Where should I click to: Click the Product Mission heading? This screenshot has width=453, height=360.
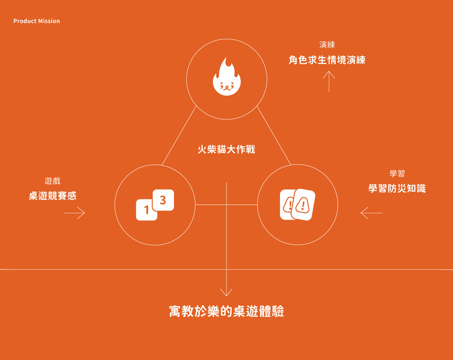tap(36, 21)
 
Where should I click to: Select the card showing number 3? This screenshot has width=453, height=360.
tap(163, 200)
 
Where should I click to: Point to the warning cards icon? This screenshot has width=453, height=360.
tap(297, 205)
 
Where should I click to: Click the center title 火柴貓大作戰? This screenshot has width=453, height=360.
tap(226, 149)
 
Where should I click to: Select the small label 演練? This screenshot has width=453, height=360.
tap(327, 45)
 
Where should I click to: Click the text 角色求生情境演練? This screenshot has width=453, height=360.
tap(327, 60)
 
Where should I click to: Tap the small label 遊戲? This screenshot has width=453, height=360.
tap(53, 181)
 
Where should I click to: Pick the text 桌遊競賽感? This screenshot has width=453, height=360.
tap(53, 196)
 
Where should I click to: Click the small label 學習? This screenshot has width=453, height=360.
tap(397, 174)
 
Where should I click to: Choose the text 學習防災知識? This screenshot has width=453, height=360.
tap(397, 188)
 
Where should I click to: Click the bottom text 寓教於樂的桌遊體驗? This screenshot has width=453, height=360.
tap(226, 311)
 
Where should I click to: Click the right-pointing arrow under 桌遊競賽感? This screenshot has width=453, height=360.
tap(74, 213)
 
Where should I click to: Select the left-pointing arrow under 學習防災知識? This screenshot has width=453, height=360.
tap(371, 213)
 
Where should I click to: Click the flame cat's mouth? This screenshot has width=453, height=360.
tap(227, 87)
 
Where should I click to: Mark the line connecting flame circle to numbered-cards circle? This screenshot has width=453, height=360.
tap(179, 135)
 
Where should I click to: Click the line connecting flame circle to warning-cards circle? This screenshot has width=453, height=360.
tap(274, 135)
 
